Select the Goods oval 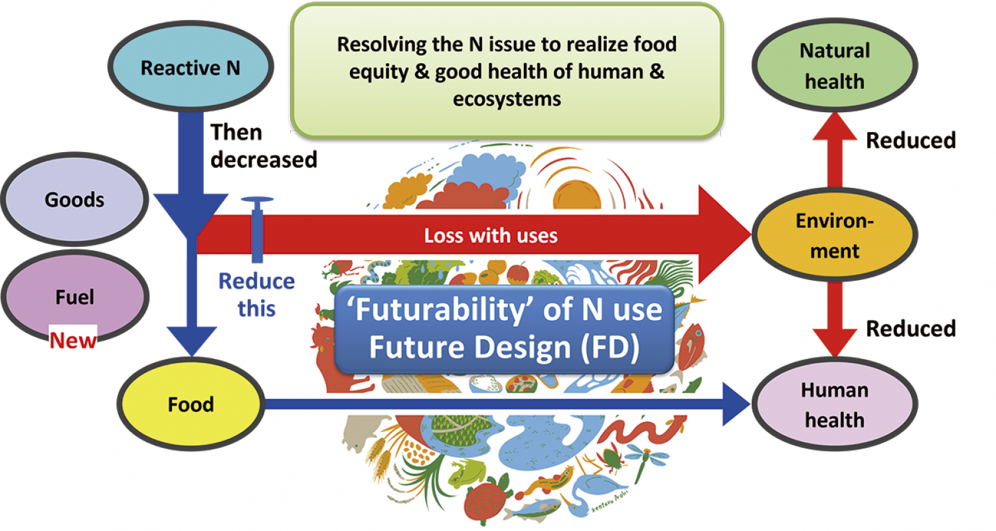coord(74,199)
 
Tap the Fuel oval coord(74,297)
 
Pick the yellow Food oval coord(191,404)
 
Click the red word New coord(74,341)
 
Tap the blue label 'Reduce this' coord(256,294)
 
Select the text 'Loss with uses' coord(491,236)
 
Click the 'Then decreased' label coord(264,146)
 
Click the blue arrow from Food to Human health coord(505,404)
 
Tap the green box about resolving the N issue coord(507,72)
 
